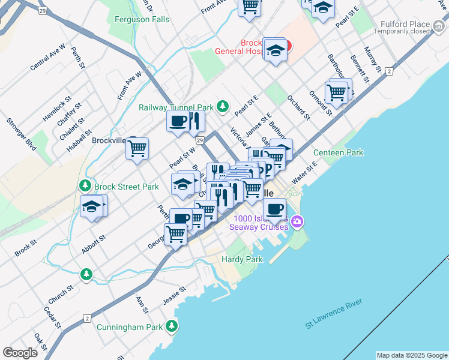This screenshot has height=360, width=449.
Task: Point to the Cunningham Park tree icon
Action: [x=172, y=327]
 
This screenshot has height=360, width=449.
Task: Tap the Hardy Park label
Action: [x=242, y=259]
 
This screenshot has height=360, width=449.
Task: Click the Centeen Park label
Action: [x=338, y=152]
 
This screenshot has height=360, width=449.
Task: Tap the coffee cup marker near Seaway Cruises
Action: [x=274, y=209]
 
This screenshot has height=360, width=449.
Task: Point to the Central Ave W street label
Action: [x=47, y=57]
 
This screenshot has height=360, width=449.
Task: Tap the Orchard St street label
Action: [x=298, y=106]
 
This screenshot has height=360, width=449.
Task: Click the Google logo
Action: [x=20, y=353]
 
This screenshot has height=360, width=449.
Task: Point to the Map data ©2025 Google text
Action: [x=411, y=355]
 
